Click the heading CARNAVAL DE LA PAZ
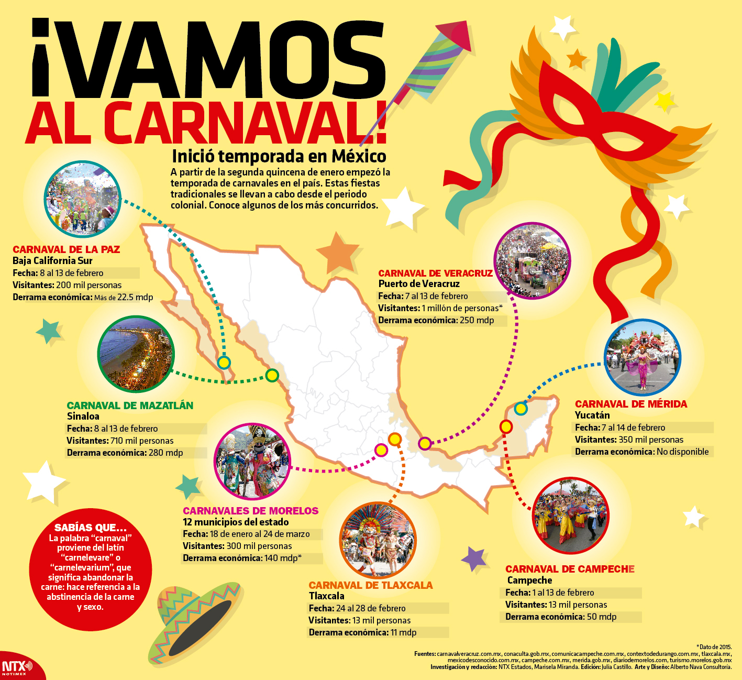coord(67,249)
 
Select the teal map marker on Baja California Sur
coord(224,362)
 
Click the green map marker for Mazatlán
coord(272,375)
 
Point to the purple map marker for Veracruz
coord(425,444)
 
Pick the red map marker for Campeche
coord(506,426)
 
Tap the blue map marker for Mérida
coord(520,408)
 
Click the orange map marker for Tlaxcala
coord(395,438)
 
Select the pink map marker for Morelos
coord(381,449)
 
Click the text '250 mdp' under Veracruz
coord(477,320)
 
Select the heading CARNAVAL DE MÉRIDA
coord(631,404)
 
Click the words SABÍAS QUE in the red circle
coord(91,528)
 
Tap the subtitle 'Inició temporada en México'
coord(279,156)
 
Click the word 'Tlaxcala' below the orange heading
coord(327,596)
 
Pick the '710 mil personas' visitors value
coord(142,441)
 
